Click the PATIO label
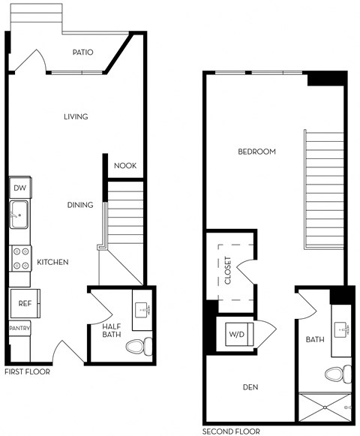(x=82, y=53)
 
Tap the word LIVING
(x=76, y=116)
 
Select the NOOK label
(x=125, y=166)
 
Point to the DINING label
(x=80, y=205)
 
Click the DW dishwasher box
(x=19, y=188)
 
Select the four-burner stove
(x=19, y=260)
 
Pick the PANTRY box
(x=19, y=329)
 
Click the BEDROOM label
(x=256, y=152)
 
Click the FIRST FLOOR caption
(x=27, y=371)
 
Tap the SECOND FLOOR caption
(x=231, y=431)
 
